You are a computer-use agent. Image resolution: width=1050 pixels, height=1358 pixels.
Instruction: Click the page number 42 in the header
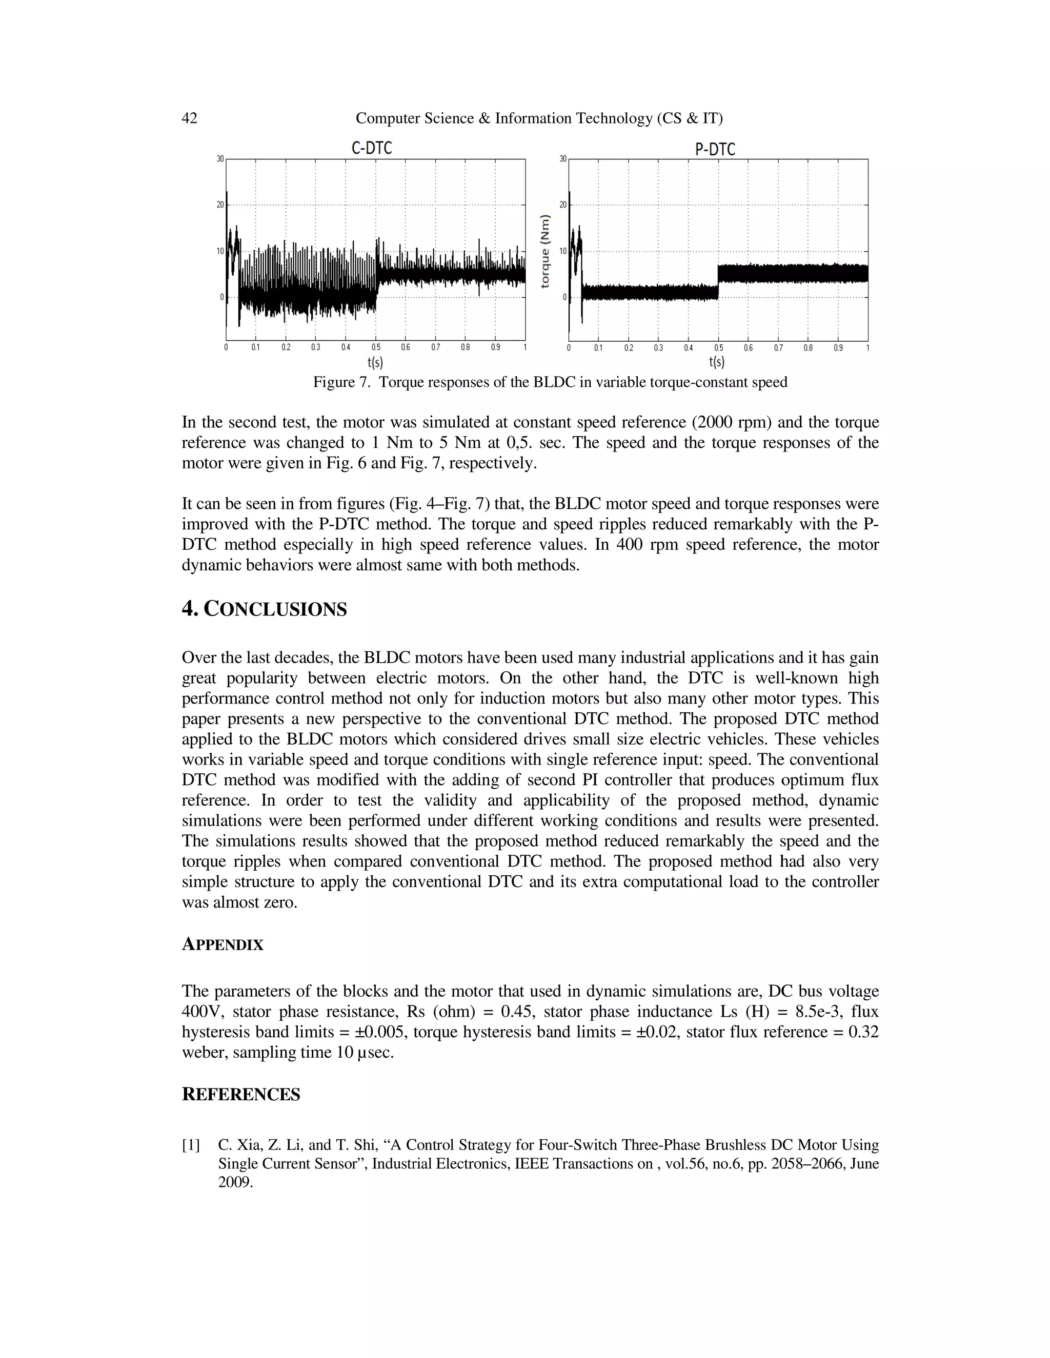coord(190,118)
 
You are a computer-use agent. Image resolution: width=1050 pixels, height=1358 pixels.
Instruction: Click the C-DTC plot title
coord(371,148)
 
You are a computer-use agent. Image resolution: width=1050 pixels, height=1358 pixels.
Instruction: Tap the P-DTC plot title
coord(715,149)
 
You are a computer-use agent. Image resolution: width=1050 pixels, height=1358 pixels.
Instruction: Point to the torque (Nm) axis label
coord(545,251)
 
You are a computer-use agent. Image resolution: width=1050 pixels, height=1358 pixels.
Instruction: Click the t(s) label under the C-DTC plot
coord(375,362)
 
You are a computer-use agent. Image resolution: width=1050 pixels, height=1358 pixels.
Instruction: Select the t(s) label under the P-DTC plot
coord(717,362)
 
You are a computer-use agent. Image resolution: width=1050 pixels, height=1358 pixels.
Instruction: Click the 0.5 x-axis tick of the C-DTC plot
coord(376,347)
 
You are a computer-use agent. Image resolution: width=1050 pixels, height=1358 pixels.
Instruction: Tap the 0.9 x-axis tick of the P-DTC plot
coord(838,348)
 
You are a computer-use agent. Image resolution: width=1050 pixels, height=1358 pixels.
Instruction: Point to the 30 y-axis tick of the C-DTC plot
coord(220,159)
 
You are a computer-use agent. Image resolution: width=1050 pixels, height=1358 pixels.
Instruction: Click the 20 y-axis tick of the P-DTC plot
coord(563,204)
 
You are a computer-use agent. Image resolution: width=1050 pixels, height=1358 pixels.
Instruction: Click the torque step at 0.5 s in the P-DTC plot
coord(718,282)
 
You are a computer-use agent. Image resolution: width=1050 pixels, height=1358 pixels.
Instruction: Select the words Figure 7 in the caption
coord(341,382)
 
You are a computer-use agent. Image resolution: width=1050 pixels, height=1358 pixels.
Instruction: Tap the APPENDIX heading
coord(222,944)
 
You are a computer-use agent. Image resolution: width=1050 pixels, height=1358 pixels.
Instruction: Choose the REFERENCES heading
coord(241,1095)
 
